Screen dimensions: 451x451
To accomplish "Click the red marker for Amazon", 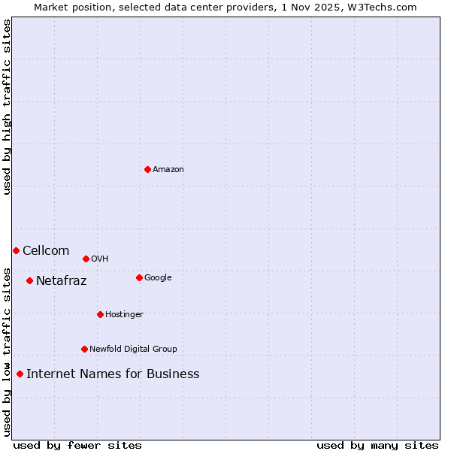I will tap(147, 169).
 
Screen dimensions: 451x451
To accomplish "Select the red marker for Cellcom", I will tap(16, 250).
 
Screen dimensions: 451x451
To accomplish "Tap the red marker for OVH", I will tap(86, 259).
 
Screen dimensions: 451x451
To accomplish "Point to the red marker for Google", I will tap(139, 277).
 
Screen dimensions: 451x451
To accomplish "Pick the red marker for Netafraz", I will tap(29, 280).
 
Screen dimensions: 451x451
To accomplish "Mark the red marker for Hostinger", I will tap(100, 314).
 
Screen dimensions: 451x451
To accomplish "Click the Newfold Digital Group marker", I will tap(84, 349).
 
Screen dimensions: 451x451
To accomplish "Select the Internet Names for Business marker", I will tap(20, 374).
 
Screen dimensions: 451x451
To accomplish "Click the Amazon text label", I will tap(168, 169).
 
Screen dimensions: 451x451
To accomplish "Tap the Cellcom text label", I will tap(46, 250).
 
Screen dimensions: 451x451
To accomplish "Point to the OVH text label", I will tap(99, 259).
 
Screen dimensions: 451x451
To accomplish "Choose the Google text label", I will tap(158, 277).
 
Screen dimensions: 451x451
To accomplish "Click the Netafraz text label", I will tap(61, 281).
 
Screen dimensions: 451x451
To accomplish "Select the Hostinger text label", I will tap(124, 314).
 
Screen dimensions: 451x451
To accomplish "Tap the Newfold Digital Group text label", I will tap(133, 349).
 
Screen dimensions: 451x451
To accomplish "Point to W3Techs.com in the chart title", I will tap(382, 7).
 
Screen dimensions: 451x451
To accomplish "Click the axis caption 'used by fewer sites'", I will tap(77, 445).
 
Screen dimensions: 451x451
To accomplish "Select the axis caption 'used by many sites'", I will tap(377, 445).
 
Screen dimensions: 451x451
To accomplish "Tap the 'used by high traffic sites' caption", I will tap(7, 107).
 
